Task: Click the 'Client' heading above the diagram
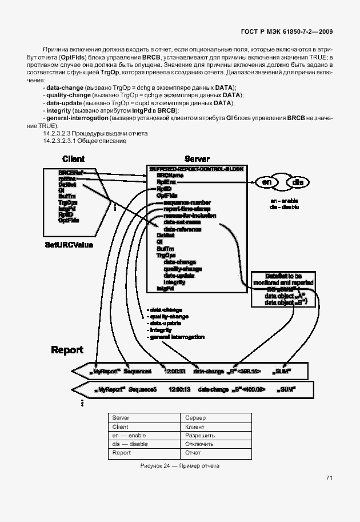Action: click(x=73, y=159)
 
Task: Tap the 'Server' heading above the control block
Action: click(x=197, y=159)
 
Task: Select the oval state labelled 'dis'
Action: click(x=298, y=182)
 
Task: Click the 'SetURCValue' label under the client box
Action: click(x=69, y=245)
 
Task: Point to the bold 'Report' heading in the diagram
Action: click(x=67, y=350)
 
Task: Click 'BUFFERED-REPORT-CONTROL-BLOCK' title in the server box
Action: click(x=197, y=169)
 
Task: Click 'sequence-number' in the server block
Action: click(x=187, y=202)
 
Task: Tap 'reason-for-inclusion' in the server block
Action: click(x=190, y=216)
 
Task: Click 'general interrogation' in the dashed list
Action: click(x=176, y=337)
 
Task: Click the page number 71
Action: click(x=330, y=477)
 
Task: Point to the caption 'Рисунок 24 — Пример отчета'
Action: click(x=180, y=466)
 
